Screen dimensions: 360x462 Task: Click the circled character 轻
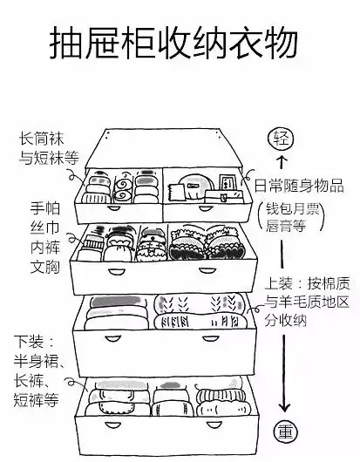pyautogui.click(x=281, y=139)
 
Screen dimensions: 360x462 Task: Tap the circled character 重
pyautogui.click(x=285, y=433)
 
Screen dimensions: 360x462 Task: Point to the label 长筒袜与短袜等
pyautogui.click(x=49, y=148)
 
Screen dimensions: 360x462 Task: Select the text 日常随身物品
pyautogui.click(x=299, y=186)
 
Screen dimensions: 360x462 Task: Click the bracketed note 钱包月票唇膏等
pyautogui.click(x=292, y=217)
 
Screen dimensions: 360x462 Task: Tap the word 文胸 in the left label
pyautogui.click(x=45, y=267)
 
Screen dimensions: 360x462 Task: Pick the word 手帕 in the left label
pyautogui.click(x=45, y=208)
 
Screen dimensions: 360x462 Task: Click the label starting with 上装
pyautogui.click(x=307, y=302)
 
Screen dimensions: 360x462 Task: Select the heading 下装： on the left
pyautogui.click(x=34, y=342)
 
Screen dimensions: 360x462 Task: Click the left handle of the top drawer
pyautogui.click(x=113, y=208)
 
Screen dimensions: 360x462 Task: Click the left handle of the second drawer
pyautogui.click(x=114, y=271)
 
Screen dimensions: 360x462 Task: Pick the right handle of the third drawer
pyautogui.click(x=210, y=339)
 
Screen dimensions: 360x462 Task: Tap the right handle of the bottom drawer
pyautogui.click(x=214, y=425)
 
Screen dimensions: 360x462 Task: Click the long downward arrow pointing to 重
pyautogui.click(x=284, y=373)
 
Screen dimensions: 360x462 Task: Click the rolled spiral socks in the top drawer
pyautogui.click(x=123, y=189)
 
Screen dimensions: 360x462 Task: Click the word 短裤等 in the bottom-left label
pyautogui.click(x=37, y=400)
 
